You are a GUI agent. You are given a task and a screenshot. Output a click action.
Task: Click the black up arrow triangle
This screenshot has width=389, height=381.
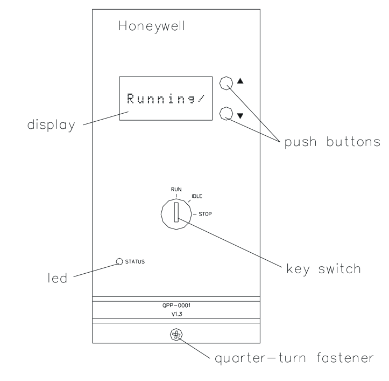pyautogui.click(x=241, y=82)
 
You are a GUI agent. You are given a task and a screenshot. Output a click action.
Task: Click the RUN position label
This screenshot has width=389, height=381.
pyautogui.click(x=176, y=189)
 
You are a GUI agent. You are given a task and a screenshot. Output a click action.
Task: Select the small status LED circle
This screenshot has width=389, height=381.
pyautogui.click(x=119, y=262)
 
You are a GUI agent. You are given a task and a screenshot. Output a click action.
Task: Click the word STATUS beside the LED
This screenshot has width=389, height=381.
pyautogui.click(x=135, y=262)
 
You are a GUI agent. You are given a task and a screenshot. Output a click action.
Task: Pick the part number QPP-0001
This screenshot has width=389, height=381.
pyautogui.click(x=176, y=304)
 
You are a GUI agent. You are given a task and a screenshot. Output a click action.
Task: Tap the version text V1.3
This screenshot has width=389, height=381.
pyautogui.click(x=176, y=313)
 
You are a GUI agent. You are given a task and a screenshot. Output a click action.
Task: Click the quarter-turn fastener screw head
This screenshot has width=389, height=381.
pyautogui.click(x=175, y=335)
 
